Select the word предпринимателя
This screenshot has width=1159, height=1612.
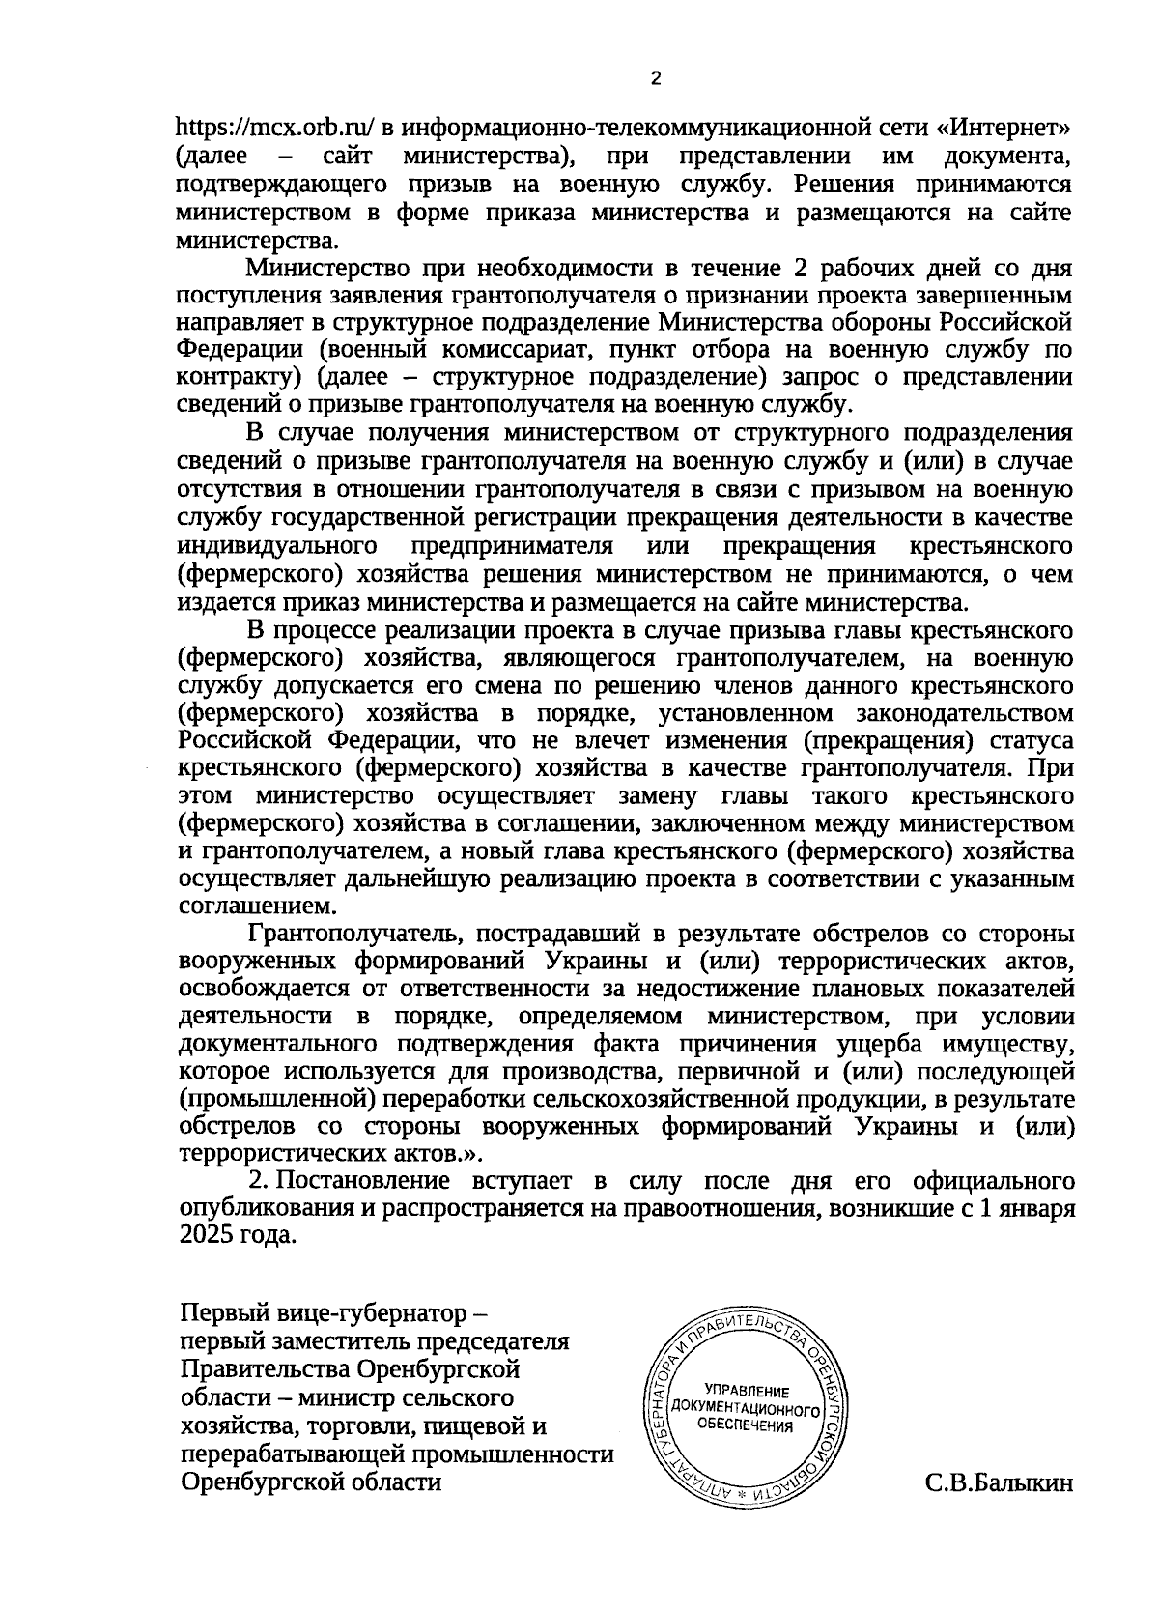click(513, 546)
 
